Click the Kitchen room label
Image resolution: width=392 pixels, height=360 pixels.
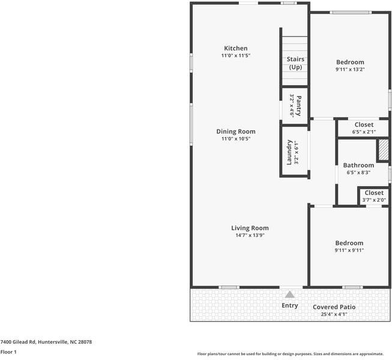[235, 49]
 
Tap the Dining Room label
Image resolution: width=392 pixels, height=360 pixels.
[236, 131]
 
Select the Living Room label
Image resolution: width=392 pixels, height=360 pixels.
[250, 228]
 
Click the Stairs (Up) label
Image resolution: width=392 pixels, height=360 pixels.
[295, 63]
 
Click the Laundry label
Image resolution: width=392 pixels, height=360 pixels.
[289, 152]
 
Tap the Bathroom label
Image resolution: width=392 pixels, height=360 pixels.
[358, 166]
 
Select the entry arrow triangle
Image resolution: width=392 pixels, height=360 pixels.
[290, 295]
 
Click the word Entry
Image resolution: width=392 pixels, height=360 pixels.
[290, 305]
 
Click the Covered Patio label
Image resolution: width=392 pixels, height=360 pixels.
[334, 307]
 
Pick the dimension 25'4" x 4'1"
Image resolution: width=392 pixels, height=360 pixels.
[334, 314]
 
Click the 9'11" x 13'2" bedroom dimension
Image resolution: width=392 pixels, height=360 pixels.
[350, 70]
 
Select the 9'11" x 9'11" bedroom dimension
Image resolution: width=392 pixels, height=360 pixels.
[349, 250]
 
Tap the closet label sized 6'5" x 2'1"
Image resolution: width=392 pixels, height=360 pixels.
[364, 125]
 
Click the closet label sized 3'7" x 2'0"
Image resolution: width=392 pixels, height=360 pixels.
[373, 193]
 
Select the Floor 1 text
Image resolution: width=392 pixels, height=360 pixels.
[8, 352]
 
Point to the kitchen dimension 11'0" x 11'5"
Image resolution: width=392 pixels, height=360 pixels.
[235, 56]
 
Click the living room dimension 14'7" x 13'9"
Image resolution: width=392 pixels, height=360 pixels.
[250, 235]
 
